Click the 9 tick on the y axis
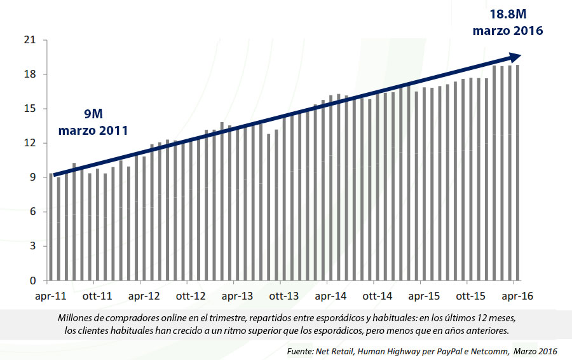[31, 177]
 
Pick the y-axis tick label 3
[31, 246]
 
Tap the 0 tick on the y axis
[31, 280]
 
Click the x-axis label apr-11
[51, 296]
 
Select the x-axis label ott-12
[191, 296]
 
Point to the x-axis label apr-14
[331, 296]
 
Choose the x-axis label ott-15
[471, 296]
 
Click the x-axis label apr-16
[517, 296]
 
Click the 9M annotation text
[93, 114]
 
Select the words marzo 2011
[93, 131]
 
